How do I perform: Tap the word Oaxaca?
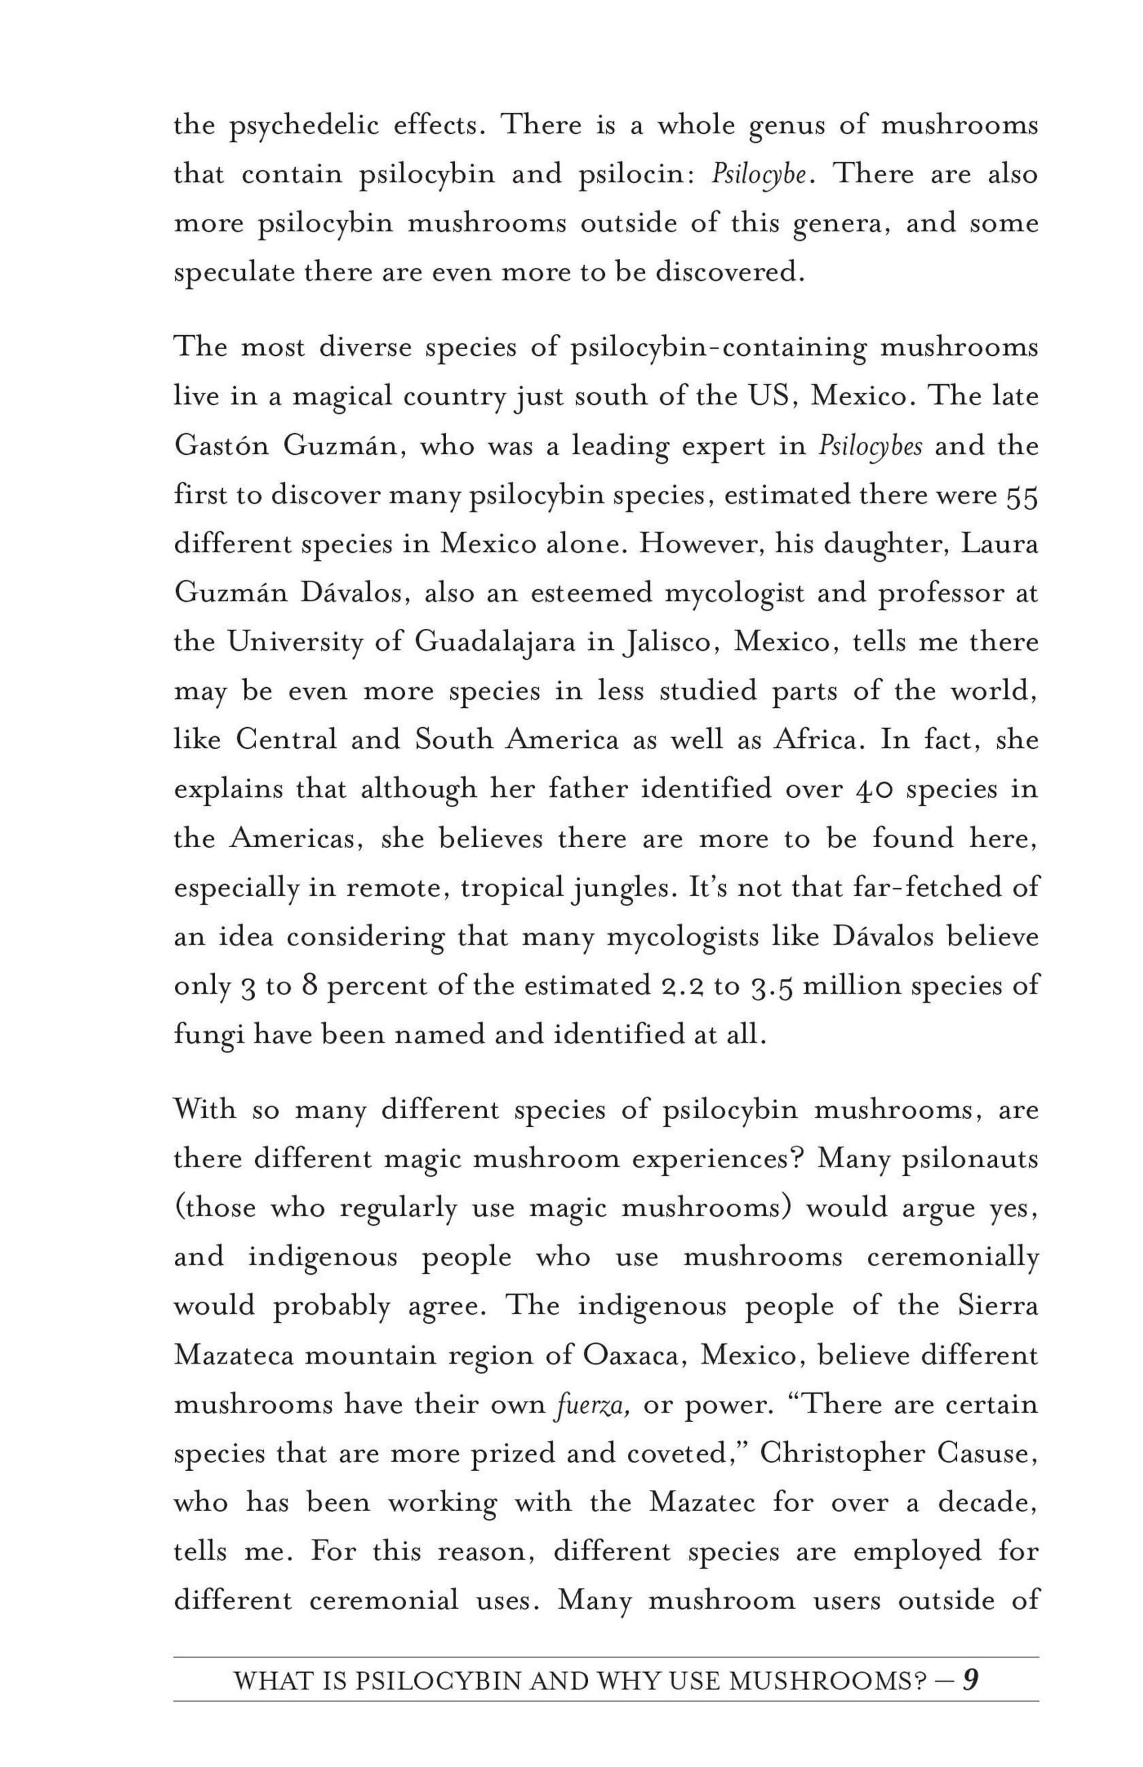tap(638, 1356)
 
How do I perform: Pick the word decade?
tap(987, 1503)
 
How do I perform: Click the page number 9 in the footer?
tap(970, 1679)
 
